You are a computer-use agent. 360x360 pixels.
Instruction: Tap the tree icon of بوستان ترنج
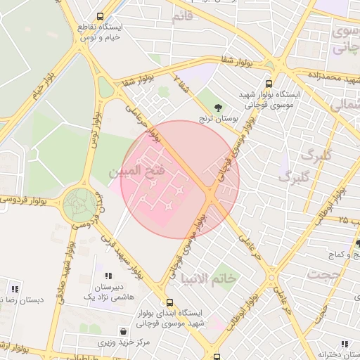(x=221, y=108)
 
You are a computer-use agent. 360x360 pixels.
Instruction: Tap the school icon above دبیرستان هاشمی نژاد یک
(x=108, y=276)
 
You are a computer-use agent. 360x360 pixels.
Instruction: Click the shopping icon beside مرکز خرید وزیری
(x=124, y=330)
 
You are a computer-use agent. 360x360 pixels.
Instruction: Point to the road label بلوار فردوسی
(x=28, y=201)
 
